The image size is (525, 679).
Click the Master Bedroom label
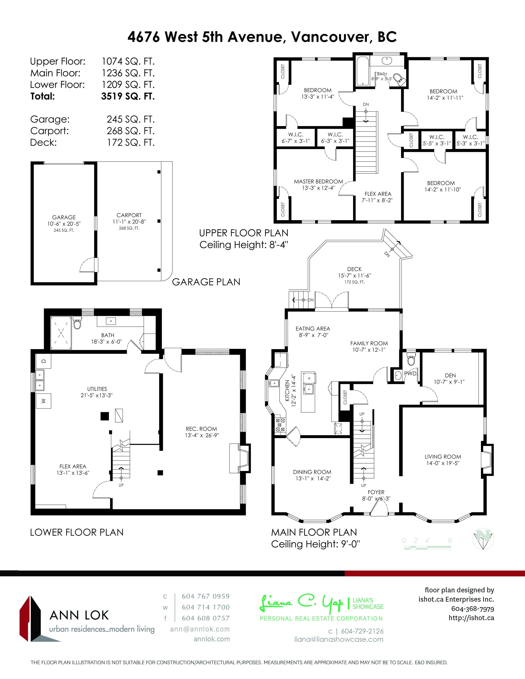318,181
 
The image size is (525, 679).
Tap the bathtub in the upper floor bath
362,71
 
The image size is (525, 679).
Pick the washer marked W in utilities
43,401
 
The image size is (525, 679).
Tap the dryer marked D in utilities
43,361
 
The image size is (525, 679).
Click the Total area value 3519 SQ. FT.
128,96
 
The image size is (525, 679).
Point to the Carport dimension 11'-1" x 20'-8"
129,222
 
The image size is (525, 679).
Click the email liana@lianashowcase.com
339,639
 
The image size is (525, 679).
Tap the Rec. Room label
201,429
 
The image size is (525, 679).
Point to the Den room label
450,376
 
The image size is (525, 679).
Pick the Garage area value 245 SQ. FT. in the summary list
131,119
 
